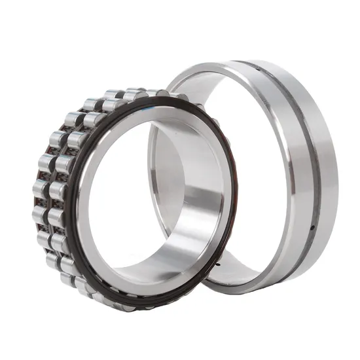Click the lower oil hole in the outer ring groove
312,227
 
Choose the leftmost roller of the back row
40,190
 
